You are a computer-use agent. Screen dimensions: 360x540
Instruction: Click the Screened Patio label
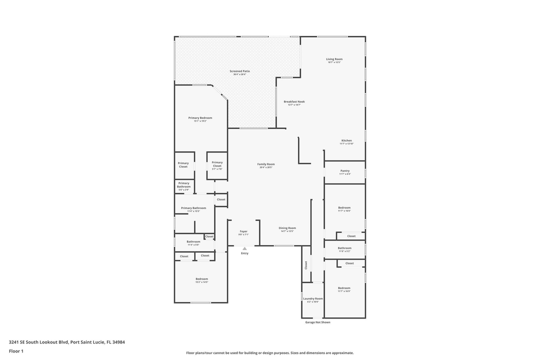(x=239, y=71)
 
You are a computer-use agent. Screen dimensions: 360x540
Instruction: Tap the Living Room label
(x=334, y=59)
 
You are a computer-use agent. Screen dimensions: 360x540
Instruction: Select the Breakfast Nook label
(x=294, y=101)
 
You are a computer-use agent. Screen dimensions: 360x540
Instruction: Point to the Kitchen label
(x=346, y=140)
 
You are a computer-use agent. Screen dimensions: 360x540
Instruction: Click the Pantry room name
(x=345, y=170)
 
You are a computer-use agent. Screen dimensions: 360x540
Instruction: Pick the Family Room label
(x=266, y=164)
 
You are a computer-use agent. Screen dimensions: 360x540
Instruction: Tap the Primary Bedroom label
(x=200, y=118)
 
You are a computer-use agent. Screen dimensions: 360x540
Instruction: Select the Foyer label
(x=243, y=231)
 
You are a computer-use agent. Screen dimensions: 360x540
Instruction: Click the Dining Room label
(x=287, y=228)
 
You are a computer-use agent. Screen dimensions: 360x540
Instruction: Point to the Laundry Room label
(x=313, y=298)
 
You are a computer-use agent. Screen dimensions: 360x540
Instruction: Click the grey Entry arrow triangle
(x=244, y=248)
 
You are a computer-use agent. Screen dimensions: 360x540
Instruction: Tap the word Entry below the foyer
(x=244, y=253)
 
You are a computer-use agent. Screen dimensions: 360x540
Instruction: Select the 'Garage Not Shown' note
(x=317, y=322)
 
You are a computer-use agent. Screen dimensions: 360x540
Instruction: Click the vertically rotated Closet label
(x=306, y=265)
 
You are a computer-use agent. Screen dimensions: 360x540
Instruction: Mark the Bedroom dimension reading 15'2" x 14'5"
(x=201, y=282)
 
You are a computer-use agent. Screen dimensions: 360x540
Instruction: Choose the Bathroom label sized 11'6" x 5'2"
(x=344, y=251)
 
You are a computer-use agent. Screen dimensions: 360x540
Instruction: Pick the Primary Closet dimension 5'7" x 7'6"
(x=217, y=169)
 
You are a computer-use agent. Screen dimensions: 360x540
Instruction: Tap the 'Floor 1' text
(x=16, y=351)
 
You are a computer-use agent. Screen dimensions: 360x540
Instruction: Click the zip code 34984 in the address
(x=118, y=342)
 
